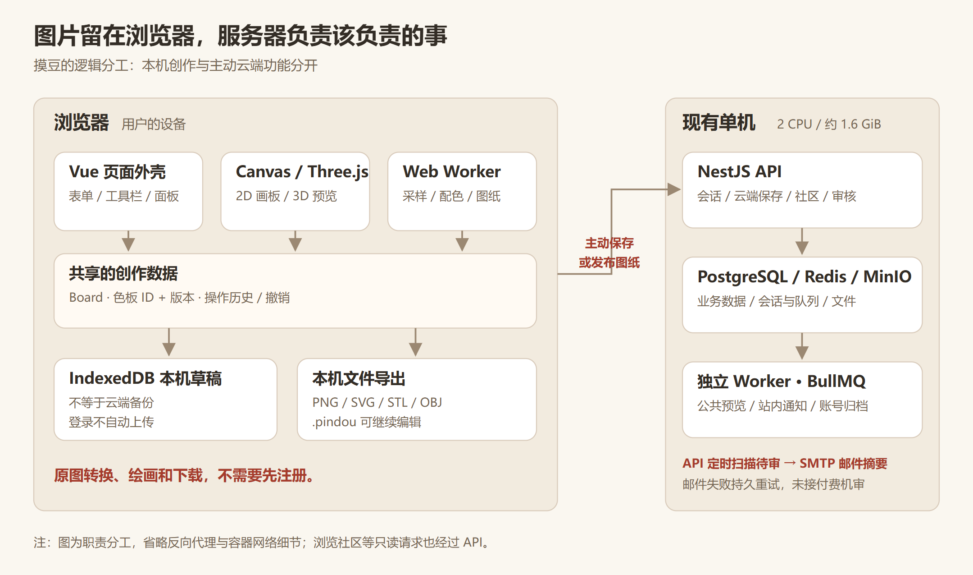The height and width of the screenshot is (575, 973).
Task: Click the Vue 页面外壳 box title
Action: [x=117, y=172]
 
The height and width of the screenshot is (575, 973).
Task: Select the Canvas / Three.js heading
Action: [x=302, y=172]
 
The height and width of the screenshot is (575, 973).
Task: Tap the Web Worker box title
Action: [x=451, y=171]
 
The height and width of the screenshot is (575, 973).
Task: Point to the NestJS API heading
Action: [x=739, y=171]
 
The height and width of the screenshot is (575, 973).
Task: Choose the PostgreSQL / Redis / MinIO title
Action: [x=804, y=276]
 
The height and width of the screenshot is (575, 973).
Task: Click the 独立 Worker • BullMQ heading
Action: [x=781, y=382]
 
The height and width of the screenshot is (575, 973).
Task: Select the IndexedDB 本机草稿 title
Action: [x=145, y=378]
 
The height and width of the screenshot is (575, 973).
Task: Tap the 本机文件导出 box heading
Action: [x=359, y=378]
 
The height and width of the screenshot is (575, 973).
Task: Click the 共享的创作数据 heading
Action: [x=123, y=273]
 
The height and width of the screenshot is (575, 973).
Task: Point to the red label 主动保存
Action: [x=609, y=243]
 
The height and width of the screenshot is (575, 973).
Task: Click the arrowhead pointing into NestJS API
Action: [x=674, y=189]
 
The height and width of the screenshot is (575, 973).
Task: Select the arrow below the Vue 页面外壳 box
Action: [x=128, y=241]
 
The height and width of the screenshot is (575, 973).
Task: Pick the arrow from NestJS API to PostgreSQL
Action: [x=802, y=242]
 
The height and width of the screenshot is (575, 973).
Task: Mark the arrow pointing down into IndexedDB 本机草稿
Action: [x=169, y=342]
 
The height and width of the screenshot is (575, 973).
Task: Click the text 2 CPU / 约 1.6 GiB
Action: [x=829, y=124]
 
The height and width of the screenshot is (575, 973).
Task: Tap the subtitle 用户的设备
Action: [x=154, y=124]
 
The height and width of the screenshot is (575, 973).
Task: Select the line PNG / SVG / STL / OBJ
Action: [x=377, y=402]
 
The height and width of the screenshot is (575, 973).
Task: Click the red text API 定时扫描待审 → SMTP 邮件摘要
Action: [x=785, y=463]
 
